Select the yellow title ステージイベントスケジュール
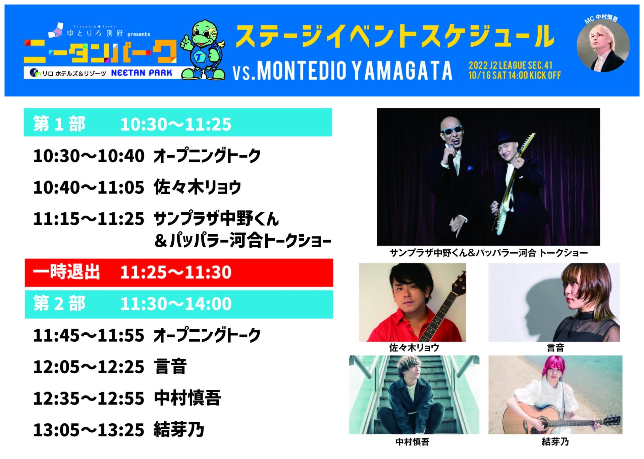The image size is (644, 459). point(395,36)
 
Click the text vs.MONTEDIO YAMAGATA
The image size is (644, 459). point(342,71)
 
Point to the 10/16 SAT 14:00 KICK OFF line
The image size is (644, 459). point(515,75)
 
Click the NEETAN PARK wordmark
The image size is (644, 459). point(142,73)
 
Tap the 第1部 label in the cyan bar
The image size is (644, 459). point(59,124)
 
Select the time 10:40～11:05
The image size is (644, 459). point(89,187)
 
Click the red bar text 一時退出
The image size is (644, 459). point(66,272)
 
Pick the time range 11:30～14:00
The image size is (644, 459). point(176,304)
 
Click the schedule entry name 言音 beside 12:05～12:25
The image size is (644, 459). point(170,367)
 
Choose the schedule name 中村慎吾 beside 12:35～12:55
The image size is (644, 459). point(187,398)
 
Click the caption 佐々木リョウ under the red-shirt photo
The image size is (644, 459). point(414,348)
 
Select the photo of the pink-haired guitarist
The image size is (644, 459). point(555,395)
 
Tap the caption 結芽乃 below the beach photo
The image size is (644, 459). point(555,442)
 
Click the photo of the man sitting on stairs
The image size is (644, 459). point(414,395)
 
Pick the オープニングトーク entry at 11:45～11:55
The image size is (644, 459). point(207,335)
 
